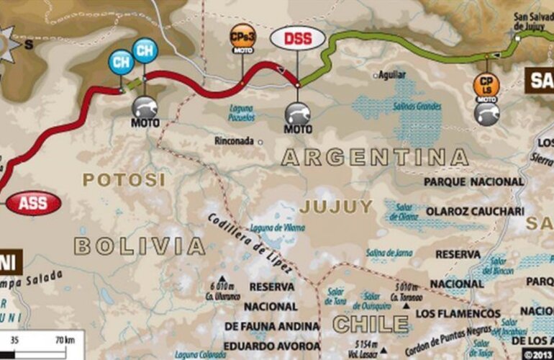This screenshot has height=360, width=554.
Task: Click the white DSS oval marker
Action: tap(297, 38)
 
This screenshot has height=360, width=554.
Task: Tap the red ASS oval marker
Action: tap(33, 204)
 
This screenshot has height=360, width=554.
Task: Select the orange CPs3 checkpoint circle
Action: tap(241, 37)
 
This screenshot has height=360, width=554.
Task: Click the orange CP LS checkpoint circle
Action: tap(486, 84)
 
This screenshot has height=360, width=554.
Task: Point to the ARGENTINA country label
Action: tap(374, 157)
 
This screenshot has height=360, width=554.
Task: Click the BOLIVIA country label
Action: tap(140, 246)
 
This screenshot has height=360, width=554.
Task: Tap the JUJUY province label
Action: tap(337, 207)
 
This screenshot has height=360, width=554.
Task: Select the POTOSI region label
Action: tap(123, 180)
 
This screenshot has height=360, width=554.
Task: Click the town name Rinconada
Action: tap(235, 142)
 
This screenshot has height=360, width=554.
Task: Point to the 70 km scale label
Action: tap(64, 340)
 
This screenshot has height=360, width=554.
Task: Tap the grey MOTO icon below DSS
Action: tap(298, 113)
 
